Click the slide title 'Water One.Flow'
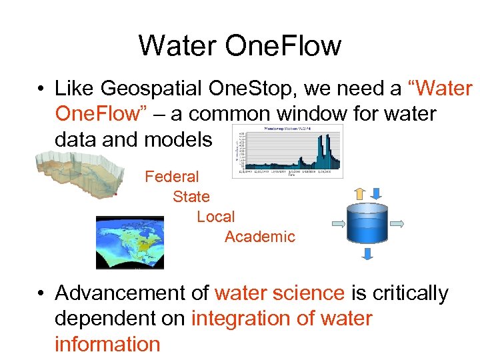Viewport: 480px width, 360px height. click(240, 46)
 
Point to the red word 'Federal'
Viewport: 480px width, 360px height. click(172, 177)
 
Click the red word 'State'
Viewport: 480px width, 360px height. click(191, 197)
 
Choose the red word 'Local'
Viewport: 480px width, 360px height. click(215, 217)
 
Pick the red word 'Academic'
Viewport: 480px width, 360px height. click(259, 237)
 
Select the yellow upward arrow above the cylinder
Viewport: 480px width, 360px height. click(359, 193)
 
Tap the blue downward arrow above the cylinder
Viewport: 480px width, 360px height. click(376, 193)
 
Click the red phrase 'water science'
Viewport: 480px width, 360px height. click(279, 293)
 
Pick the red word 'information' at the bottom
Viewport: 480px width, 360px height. click(107, 344)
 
